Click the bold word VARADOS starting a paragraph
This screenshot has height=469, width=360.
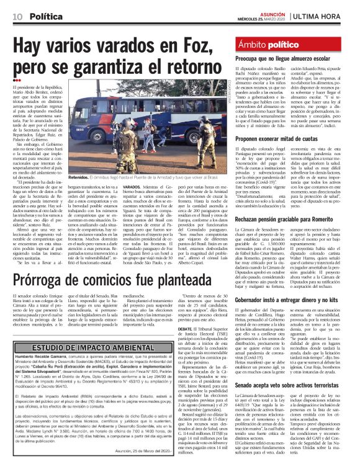coord(134,187)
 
